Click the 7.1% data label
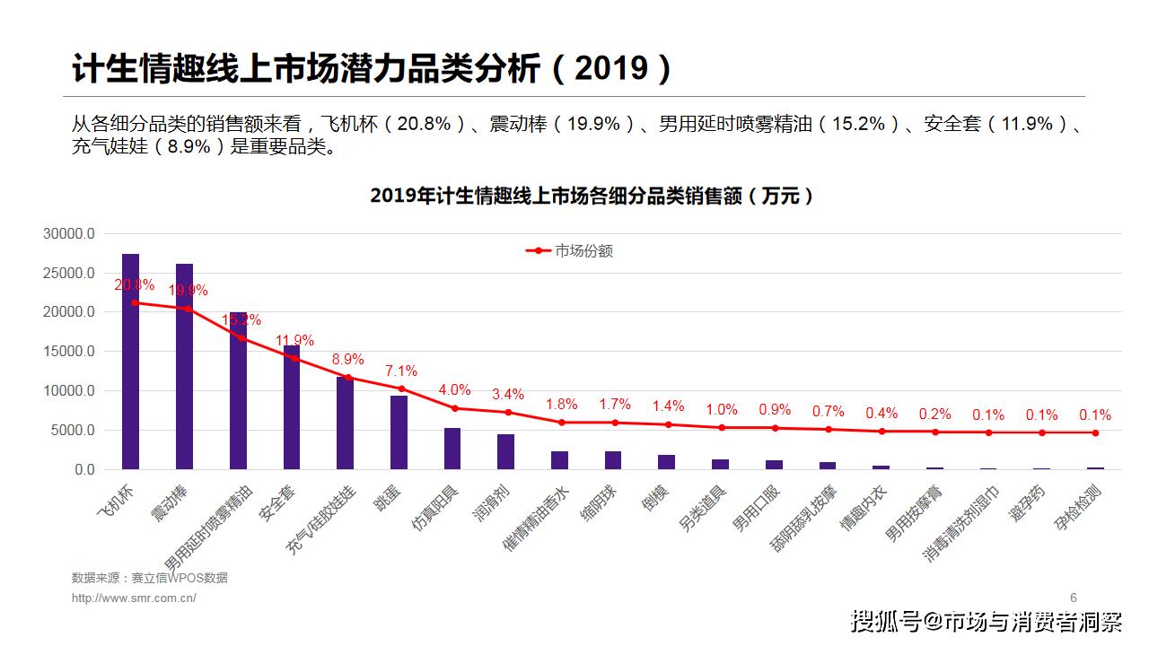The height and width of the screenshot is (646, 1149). (400, 371)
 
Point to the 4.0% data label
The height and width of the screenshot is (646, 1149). (454, 390)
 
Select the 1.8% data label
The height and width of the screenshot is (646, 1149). (561, 405)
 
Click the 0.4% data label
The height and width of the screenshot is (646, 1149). (881, 414)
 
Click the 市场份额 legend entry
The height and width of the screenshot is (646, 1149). (570, 251)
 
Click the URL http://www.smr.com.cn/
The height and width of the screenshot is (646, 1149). (134, 598)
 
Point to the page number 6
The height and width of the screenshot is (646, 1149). (1073, 598)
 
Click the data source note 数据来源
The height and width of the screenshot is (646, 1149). (149, 578)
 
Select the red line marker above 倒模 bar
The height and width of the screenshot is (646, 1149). (668, 424)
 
